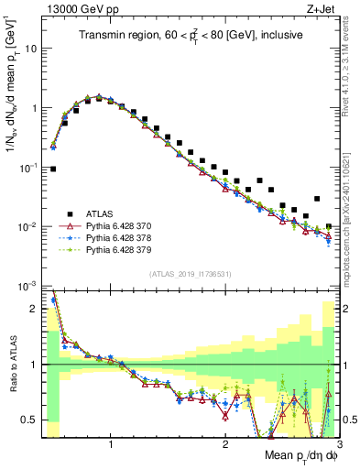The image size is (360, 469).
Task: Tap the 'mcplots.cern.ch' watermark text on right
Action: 350,220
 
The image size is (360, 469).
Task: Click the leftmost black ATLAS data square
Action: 53,169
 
